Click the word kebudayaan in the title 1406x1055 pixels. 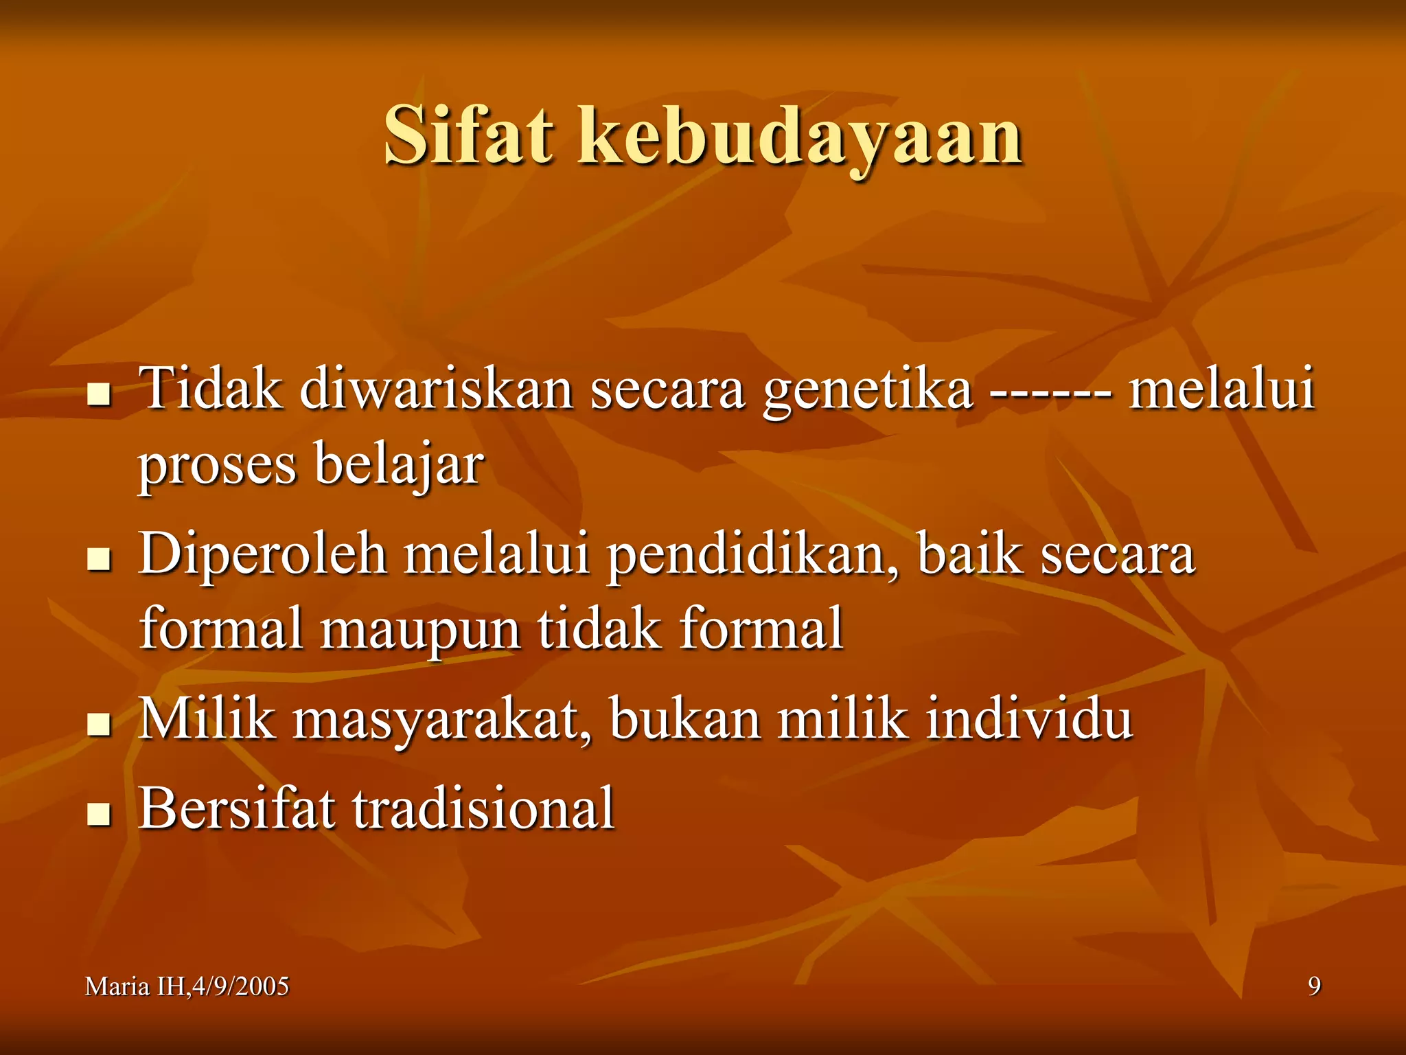[800, 137]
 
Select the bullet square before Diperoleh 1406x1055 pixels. [100, 559]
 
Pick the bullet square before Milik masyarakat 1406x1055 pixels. [100, 724]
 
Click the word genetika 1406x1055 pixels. [868, 390]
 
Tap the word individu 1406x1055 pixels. [1029, 718]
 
